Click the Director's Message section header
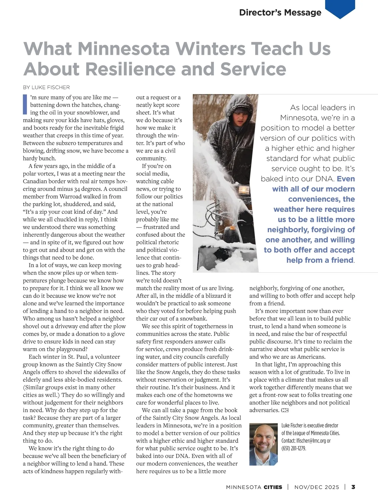tap(280, 13)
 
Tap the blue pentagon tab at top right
tap(340, 8)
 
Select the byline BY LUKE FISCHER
tap(46, 87)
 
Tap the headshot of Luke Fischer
tap(263, 444)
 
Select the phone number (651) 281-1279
tap(294, 448)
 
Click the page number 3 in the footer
tap(353, 487)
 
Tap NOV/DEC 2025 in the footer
tap(317, 487)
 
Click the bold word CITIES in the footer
tap(273, 487)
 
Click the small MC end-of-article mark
tap(285, 410)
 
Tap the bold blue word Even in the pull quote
tap(346, 179)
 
